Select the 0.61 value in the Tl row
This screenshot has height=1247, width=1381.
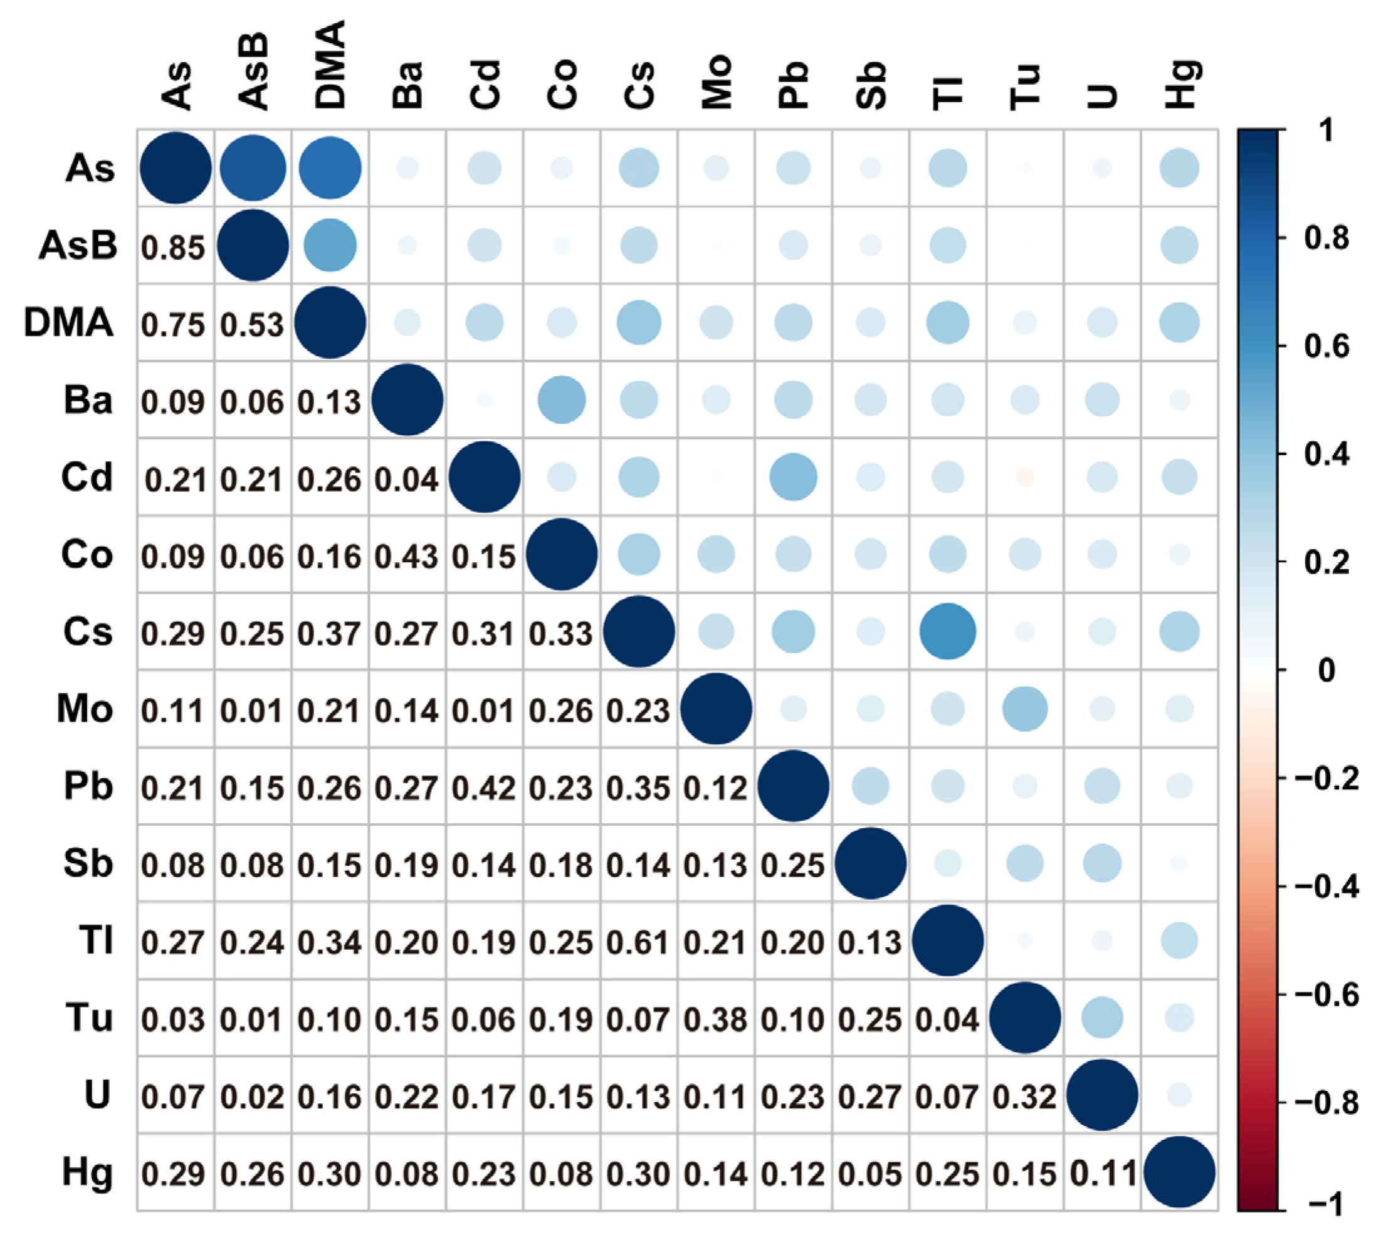tap(638, 942)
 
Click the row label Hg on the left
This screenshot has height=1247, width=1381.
tap(87, 1172)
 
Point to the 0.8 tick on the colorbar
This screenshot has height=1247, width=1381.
tap(1325, 238)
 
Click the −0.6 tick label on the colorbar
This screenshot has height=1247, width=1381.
tap(1325, 994)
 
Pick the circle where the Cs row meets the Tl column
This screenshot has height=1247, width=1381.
tap(947, 631)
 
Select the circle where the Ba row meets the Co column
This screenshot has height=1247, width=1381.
tap(561, 399)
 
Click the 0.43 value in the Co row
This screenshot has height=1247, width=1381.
tap(406, 556)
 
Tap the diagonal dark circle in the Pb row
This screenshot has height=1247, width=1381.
tap(792, 786)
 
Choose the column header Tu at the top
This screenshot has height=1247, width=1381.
tap(1026, 88)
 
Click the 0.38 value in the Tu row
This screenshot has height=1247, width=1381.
tap(715, 1019)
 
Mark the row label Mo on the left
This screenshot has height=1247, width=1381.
tap(85, 708)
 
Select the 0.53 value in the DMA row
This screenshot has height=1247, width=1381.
tap(251, 325)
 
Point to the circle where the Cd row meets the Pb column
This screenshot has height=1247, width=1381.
tap(792, 477)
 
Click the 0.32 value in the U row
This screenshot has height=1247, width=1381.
tap(1024, 1097)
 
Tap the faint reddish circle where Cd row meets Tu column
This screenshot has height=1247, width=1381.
tap(1024, 477)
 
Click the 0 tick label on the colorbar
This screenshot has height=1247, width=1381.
tap(1325, 670)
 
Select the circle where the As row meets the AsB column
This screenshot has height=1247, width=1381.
tap(253, 168)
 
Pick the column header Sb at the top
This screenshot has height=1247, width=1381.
tap(871, 87)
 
